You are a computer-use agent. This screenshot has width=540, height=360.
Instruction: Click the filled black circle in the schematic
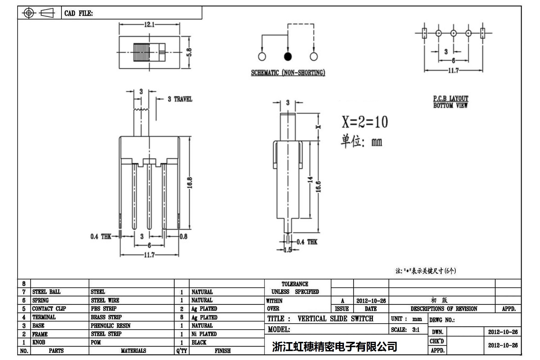[287, 56]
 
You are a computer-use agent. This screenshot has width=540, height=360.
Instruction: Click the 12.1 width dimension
[149, 24]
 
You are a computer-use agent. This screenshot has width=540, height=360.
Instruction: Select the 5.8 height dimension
[189, 52]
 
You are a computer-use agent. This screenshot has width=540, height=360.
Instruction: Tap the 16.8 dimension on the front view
[190, 183]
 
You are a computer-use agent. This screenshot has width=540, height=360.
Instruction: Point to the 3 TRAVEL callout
[180, 99]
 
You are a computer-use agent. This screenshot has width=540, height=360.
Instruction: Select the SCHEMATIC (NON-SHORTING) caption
[288, 72]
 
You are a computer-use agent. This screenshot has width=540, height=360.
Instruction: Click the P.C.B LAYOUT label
[451, 98]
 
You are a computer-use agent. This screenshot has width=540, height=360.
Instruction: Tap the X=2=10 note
[364, 122]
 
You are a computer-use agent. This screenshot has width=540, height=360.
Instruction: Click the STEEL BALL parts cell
[46, 292]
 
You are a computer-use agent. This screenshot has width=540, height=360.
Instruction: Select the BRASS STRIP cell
[106, 317]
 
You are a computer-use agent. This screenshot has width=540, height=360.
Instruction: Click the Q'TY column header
[181, 351]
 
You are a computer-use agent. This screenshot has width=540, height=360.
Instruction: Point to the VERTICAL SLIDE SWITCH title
[335, 319]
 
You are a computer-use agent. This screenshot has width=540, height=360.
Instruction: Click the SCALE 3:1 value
[416, 330]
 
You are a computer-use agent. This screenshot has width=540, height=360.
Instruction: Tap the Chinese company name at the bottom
[334, 346]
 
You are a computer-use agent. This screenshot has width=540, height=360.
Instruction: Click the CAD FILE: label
[78, 13]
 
